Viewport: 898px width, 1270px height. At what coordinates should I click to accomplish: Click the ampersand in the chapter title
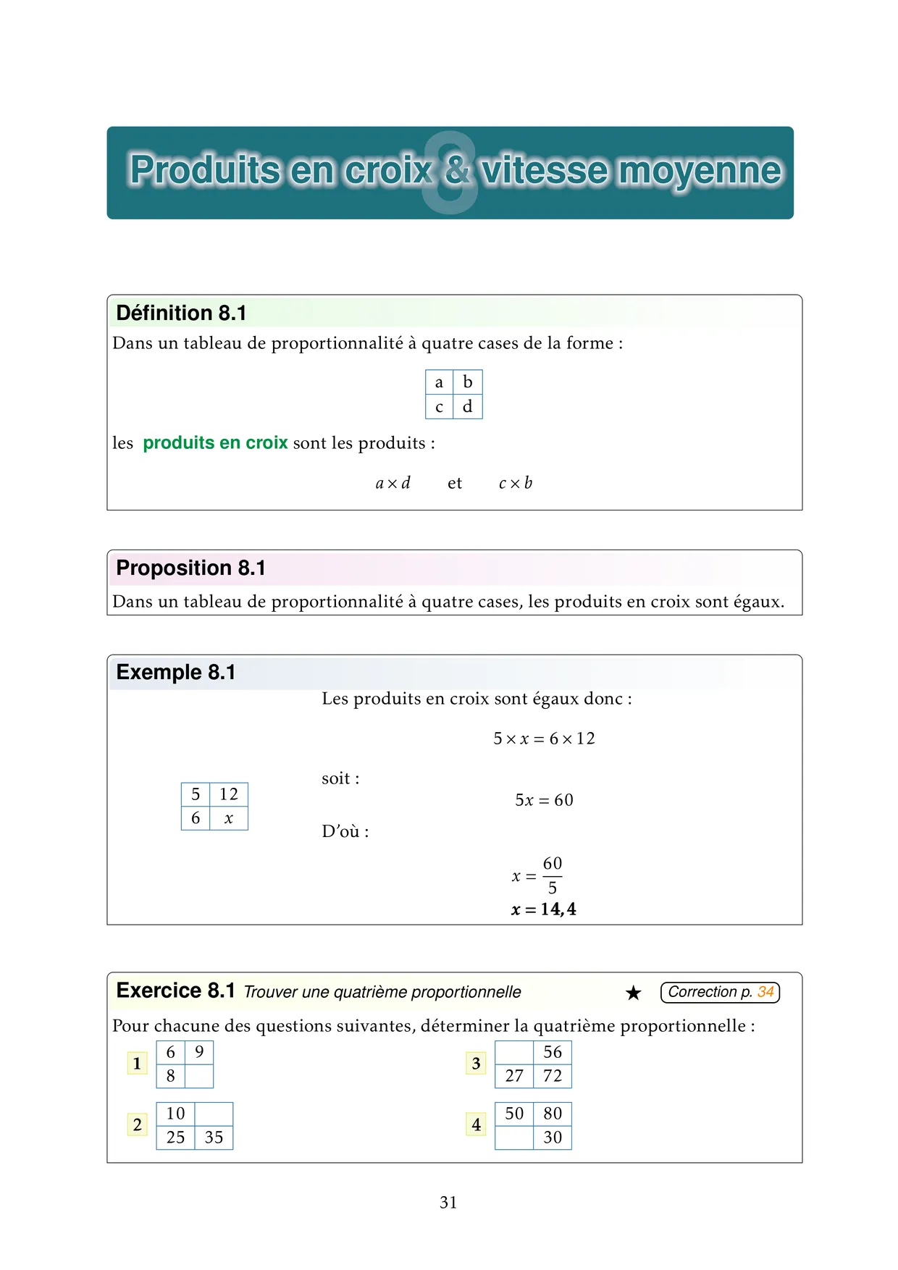(x=456, y=170)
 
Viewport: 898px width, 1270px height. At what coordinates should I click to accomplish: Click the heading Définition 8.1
(x=181, y=313)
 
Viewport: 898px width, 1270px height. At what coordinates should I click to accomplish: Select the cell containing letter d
(x=468, y=407)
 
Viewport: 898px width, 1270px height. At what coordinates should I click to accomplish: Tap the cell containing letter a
(x=439, y=382)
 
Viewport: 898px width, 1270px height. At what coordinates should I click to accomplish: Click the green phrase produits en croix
(x=215, y=442)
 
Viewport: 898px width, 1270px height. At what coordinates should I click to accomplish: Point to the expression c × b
(x=516, y=483)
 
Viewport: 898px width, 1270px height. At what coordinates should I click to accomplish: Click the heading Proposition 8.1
(x=190, y=568)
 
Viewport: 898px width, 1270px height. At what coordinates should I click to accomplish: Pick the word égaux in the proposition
(x=758, y=602)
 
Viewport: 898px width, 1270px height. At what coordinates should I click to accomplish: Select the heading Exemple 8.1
(x=176, y=672)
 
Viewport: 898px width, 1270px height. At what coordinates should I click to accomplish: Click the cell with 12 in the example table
(x=229, y=794)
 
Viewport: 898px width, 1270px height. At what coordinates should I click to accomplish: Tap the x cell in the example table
(x=229, y=818)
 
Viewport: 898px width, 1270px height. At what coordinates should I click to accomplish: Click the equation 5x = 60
(x=544, y=800)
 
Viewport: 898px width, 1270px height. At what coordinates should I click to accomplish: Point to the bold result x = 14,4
(x=544, y=909)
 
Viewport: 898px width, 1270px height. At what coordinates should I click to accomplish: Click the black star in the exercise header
(x=634, y=993)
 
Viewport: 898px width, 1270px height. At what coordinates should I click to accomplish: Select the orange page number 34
(x=765, y=992)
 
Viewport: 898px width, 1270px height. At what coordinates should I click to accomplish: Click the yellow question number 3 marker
(x=476, y=1063)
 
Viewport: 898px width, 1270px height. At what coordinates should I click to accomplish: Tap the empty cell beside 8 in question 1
(x=199, y=1076)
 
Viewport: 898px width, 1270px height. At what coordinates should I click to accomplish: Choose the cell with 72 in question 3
(x=553, y=1076)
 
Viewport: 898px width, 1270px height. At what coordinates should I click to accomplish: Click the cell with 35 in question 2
(x=214, y=1137)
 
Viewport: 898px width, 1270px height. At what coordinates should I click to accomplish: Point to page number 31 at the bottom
(x=448, y=1203)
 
